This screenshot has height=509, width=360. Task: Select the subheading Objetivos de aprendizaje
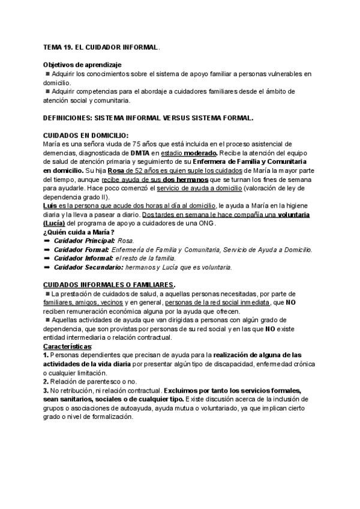82,64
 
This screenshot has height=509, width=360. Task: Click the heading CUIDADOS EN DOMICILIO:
86,136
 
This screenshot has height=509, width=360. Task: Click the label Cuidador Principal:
85,241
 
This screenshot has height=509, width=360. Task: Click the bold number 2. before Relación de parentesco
47,382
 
